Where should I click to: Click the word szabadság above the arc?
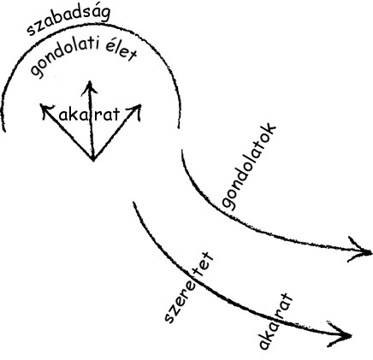coord(68,20)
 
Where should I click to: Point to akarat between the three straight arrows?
coord(89,115)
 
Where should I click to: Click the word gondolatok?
coord(249,167)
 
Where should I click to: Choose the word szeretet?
coord(188,287)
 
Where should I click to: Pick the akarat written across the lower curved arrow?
coord(275,322)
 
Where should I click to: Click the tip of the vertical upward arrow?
coord(90,81)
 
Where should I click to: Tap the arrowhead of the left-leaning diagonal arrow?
coord(41,104)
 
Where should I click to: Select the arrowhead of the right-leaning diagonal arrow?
coord(141,104)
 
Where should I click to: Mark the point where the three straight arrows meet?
coord(93,160)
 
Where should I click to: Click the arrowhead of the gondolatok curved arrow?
coord(371,252)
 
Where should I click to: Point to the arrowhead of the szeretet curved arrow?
coord(351,336)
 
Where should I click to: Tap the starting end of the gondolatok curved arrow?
coord(182,150)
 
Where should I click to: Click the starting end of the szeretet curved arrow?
coord(133,202)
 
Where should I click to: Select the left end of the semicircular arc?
coord(4,131)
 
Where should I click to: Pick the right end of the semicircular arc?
coord(179,127)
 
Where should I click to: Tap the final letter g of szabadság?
coord(105,14)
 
